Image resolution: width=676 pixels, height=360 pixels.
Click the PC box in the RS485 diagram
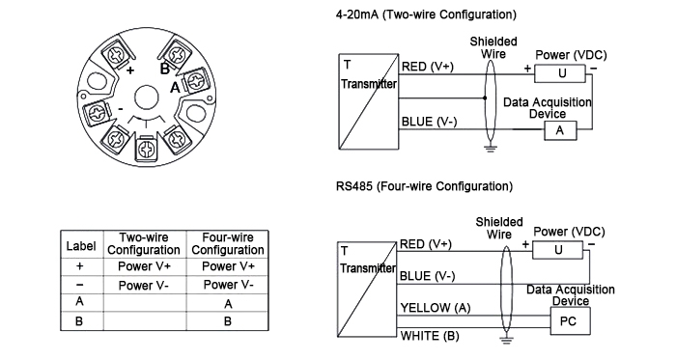click(x=568, y=321)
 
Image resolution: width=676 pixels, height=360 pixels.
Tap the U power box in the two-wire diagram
click(x=562, y=73)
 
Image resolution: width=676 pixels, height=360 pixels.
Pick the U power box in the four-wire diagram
click(x=558, y=250)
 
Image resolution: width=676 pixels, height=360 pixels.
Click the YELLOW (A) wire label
click(x=437, y=308)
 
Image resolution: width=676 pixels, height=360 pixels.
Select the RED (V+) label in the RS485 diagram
click(x=426, y=243)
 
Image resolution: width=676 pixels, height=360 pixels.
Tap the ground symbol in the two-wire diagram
click(x=490, y=147)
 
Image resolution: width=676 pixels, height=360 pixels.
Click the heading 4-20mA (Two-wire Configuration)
click(x=426, y=14)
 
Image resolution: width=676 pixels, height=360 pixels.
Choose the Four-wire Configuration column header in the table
click(x=228, y=244)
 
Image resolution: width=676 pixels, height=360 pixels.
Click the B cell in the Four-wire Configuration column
click(x=228, y=321)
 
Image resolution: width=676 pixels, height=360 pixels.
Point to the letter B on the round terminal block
click(x=164, y=69)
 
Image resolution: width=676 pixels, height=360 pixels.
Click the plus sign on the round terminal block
click(x=130, y=69)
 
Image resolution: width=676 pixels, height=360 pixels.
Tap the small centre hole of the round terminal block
click(x=145, y=97)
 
